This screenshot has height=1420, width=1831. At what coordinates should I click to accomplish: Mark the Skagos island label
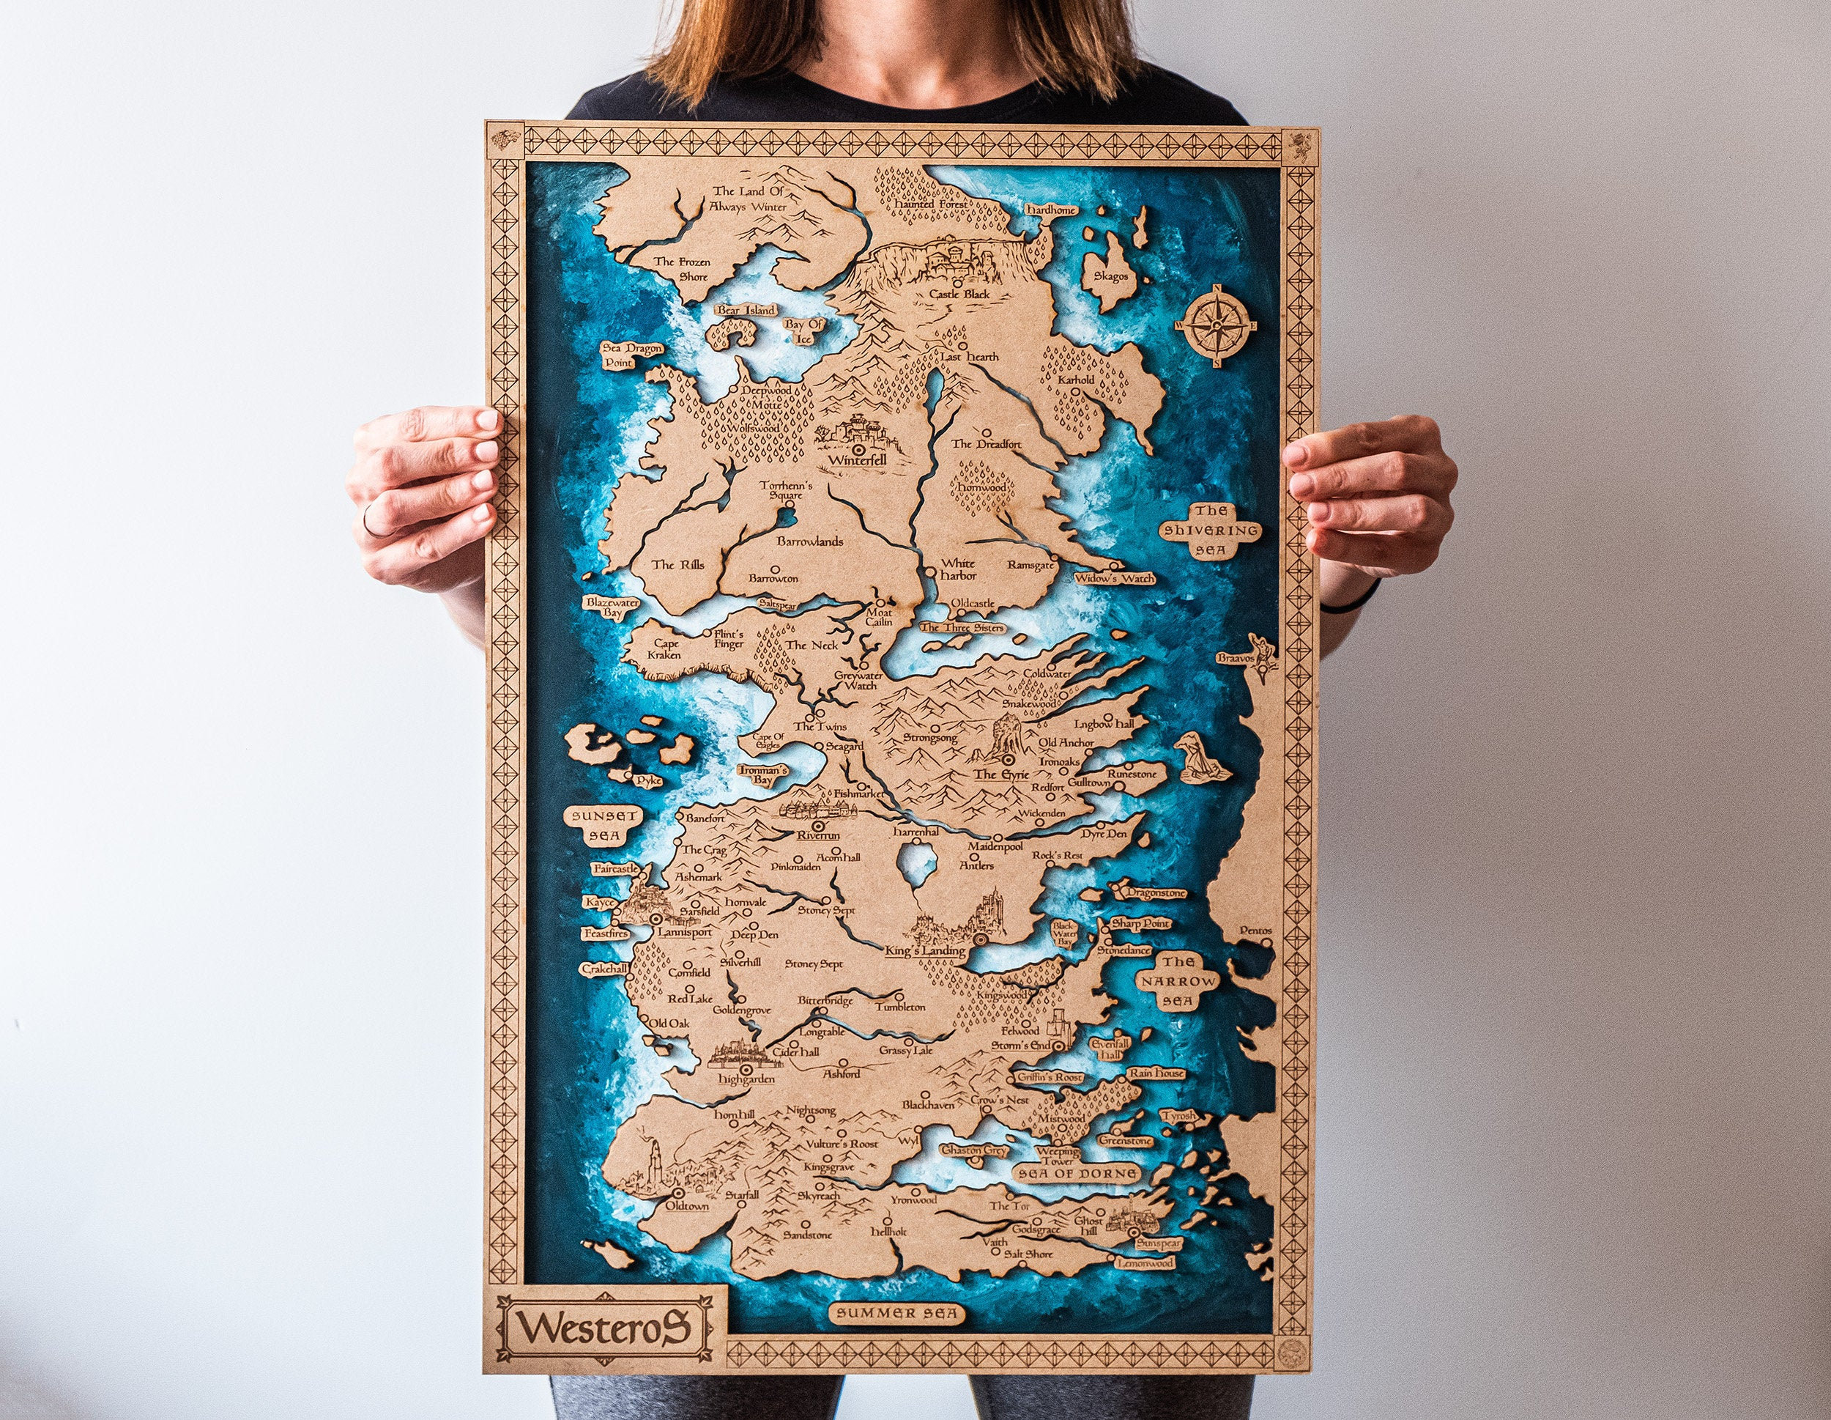1111,276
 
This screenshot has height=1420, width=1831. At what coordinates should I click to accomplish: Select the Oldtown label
687,1206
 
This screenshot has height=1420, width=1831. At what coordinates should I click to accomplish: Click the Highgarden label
746,1079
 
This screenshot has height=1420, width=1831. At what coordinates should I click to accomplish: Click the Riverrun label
818,835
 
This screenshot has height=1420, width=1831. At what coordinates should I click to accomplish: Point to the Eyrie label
1001,774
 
